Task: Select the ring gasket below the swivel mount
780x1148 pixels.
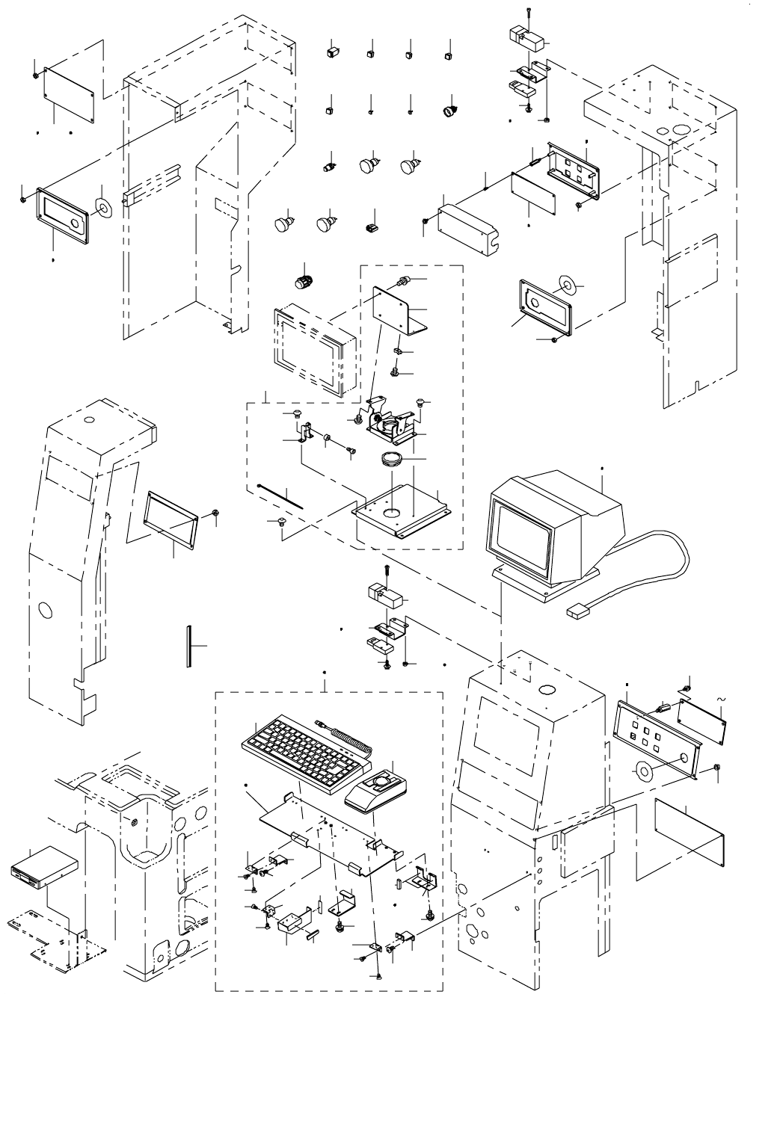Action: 393,457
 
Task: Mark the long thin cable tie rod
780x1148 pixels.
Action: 280,495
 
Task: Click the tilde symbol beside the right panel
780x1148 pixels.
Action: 721,698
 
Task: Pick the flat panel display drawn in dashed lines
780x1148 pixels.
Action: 315,350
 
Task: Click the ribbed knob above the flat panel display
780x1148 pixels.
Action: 302,283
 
